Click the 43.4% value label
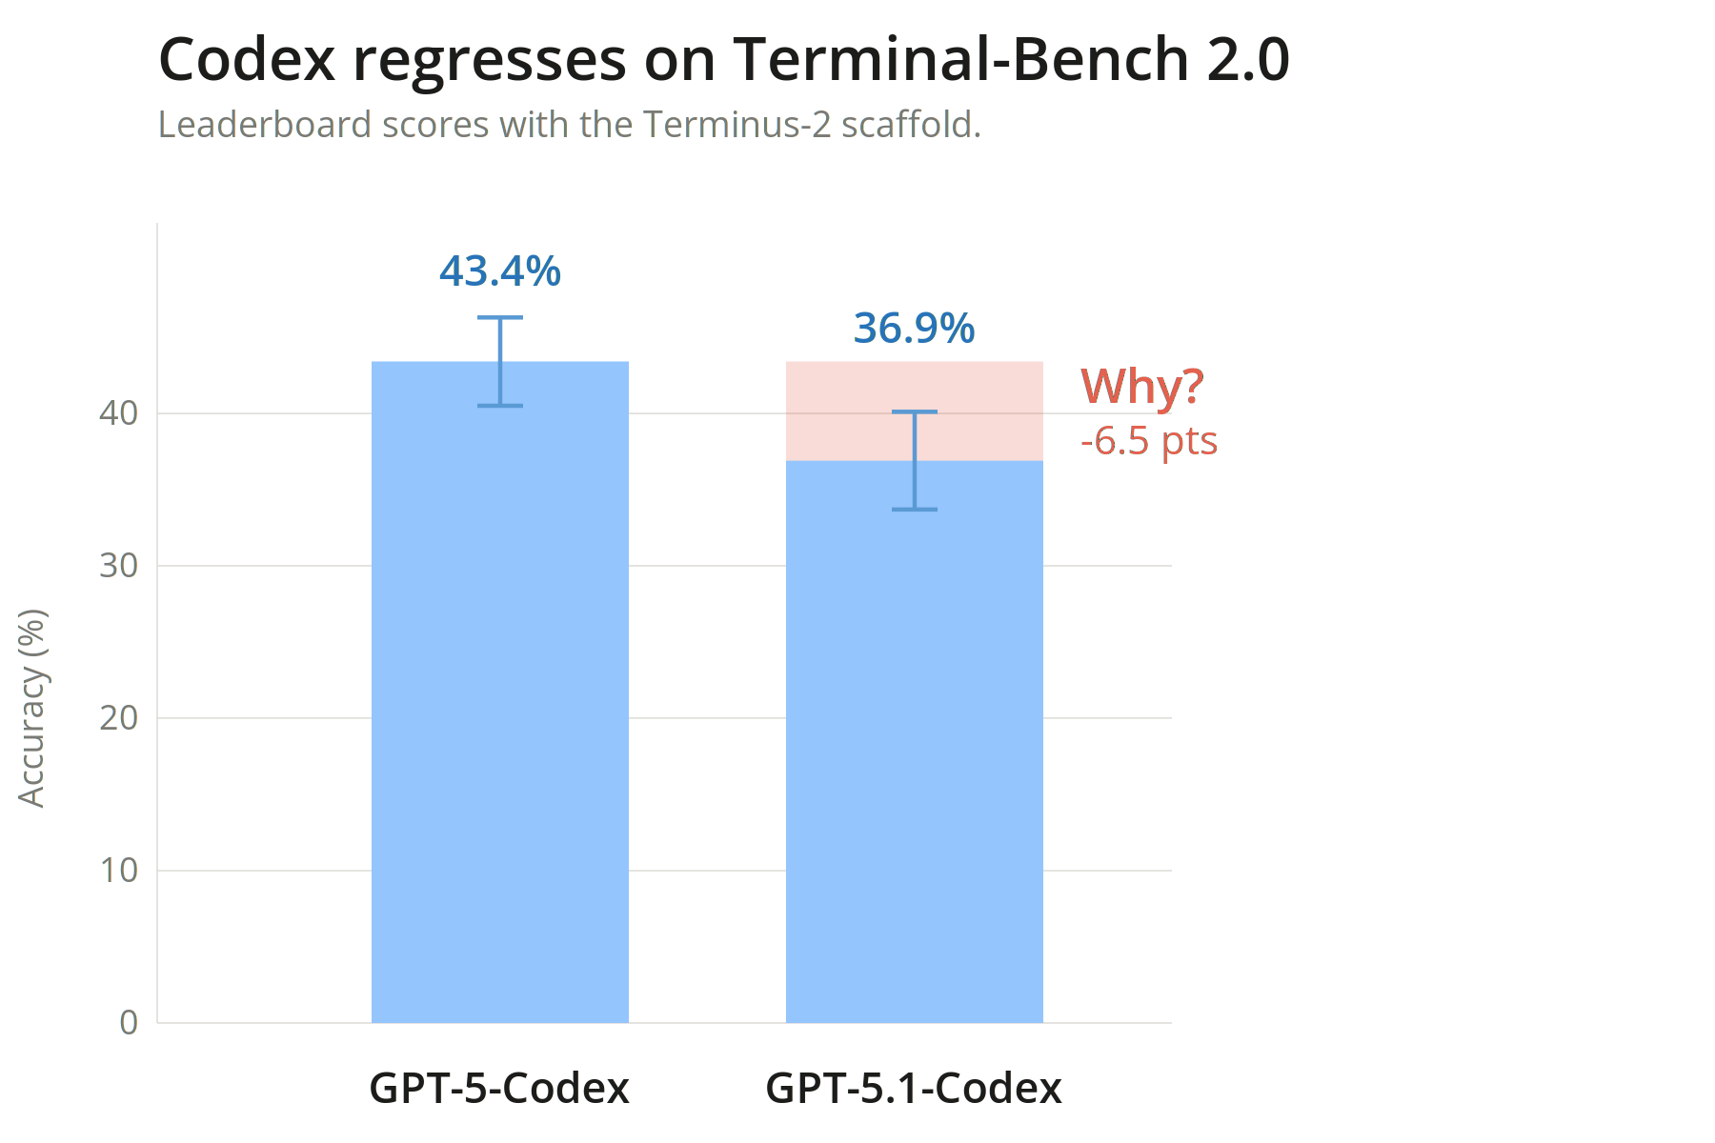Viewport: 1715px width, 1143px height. click(x=500, y=271)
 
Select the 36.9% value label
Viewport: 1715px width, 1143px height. click(x=914, y=329)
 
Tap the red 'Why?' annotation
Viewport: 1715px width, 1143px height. click(x=1141, y=387)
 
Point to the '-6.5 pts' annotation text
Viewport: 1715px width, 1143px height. click(x=1149, y=441)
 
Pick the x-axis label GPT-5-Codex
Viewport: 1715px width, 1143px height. click(x=500, y=1088)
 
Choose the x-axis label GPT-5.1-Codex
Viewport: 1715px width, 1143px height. click(x=914, y=1088)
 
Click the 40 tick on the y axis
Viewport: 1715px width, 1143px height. click(x=119, y=413)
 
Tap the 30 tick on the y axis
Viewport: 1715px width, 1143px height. click(x=119, y=566)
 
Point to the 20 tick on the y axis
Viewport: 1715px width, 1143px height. click(x=119, y=718)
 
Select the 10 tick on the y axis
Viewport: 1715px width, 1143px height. click(x=119, y=871)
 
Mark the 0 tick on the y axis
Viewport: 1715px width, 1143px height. click(x=129, y=1023)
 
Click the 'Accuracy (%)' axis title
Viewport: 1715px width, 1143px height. click(x=32, y=708)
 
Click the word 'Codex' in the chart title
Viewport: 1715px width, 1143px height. click(x=247, y=60)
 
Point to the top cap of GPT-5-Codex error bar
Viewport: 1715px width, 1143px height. click(x=500, y=317)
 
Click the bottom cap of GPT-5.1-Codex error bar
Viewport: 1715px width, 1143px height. click(x=914, y=510)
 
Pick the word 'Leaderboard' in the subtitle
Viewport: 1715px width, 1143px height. click(x=265, y=125)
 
